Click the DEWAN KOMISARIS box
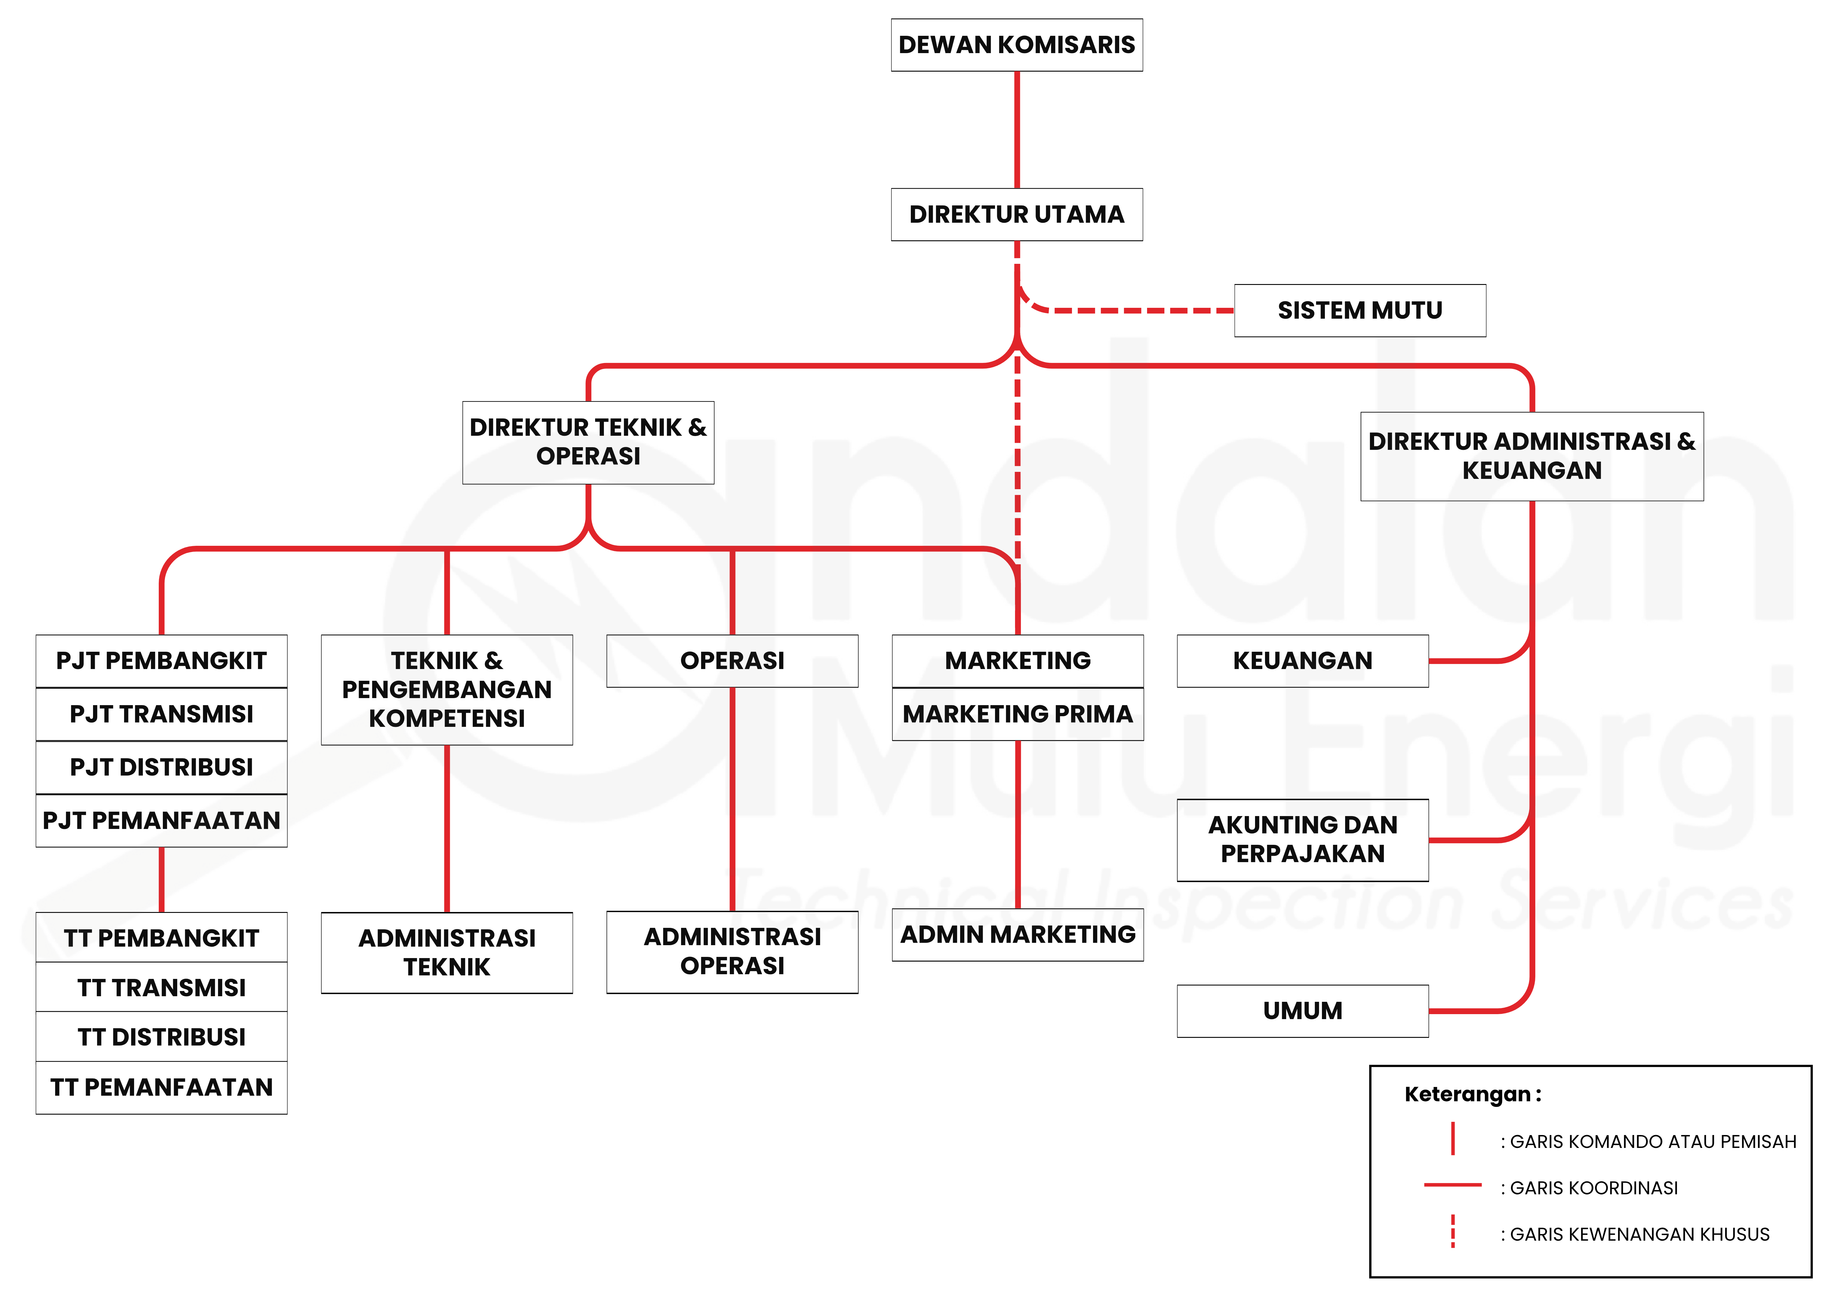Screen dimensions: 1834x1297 1017,45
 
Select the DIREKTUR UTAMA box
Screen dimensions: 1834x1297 1017,214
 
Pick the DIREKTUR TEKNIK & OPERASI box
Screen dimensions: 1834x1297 588,443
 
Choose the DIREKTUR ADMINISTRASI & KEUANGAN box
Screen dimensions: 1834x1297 1532,456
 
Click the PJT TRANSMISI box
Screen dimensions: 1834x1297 161,714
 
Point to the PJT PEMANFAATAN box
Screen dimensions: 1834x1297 161,820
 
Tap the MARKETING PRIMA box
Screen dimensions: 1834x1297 1018,714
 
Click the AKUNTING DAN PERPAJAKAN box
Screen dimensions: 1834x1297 1303,839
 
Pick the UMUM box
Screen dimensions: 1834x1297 1303,1011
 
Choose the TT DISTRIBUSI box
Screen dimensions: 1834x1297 161,1037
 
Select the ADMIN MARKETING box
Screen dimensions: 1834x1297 1018,934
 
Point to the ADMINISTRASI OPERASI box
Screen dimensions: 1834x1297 732,952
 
